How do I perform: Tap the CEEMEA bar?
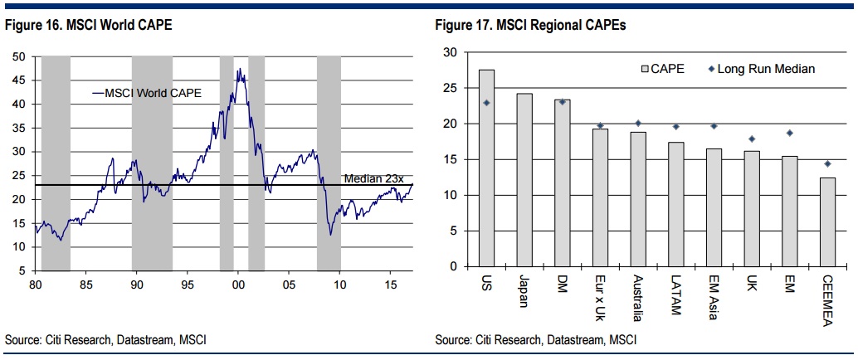click(x=826, y=221)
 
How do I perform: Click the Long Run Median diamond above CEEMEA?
click(x=826, y=163)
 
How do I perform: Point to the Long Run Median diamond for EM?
click(x=789, y=133)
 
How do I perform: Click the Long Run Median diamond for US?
click(x=487, y=103)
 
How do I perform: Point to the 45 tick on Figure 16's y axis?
click(x=22, y=80)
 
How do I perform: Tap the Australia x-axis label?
click(x=638, y=298)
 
